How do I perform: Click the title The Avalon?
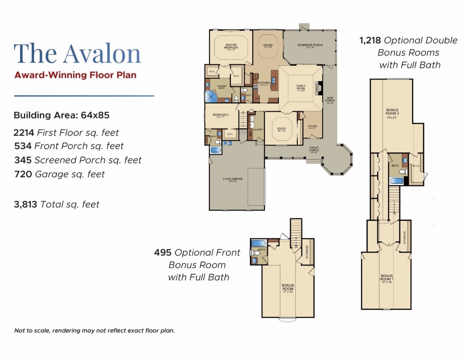[77, 54]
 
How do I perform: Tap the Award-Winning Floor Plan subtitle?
[75, 75]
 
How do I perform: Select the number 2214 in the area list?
[24, 133]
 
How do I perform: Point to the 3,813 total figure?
[26, 204]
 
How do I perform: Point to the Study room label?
[281, 130]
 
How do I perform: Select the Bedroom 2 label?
[220, 115]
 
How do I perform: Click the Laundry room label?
[258, 130]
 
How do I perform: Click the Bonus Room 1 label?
[387, 278]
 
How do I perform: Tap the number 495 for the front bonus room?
[163, 252]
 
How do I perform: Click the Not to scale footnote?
[94, 331]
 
